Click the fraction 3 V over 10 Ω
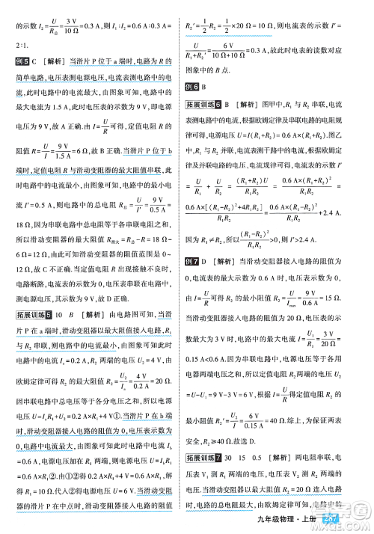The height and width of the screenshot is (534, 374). (71, 27)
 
